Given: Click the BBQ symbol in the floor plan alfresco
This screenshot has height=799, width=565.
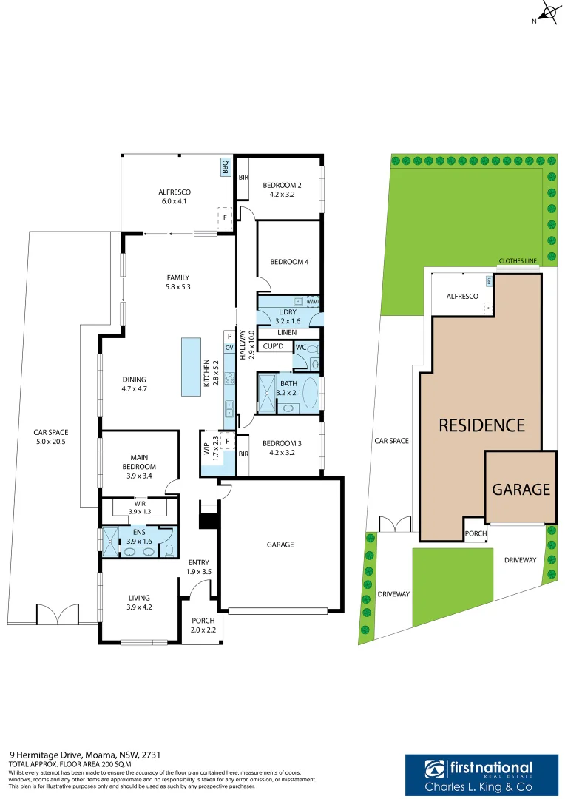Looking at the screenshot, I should coord(226,168).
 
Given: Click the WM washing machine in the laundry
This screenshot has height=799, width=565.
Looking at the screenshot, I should coord(313,302).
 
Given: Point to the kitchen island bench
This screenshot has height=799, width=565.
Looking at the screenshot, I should coord(191,368).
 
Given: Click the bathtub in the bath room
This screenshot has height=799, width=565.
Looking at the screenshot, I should coord(309,394).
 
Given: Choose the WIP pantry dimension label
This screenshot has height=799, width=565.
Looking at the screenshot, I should coord(212,450).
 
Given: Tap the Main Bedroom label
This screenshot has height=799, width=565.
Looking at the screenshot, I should coord(139,462).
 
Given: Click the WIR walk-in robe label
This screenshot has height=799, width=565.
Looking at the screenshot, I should coord(139,508).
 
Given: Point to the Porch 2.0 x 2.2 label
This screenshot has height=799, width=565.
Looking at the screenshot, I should coord(203,625).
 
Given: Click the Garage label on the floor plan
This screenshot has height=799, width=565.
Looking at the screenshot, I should coord(280,545).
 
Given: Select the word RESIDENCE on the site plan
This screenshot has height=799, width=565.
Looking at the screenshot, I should coord(481,425).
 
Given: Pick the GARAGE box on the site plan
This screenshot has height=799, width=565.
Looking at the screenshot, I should coord(521,488).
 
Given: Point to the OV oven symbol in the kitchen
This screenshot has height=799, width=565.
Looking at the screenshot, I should coord(229,348).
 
